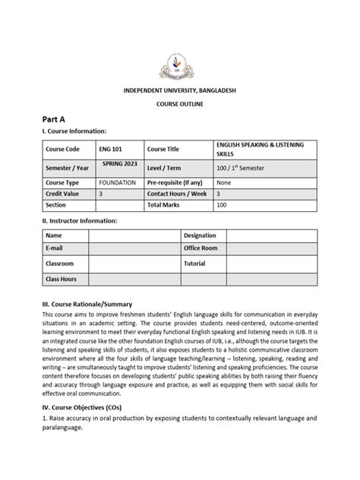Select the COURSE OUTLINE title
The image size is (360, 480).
[x=180, y=105]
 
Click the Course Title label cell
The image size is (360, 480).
[x=166, y=149]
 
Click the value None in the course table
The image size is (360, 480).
[x=223, y=182]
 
